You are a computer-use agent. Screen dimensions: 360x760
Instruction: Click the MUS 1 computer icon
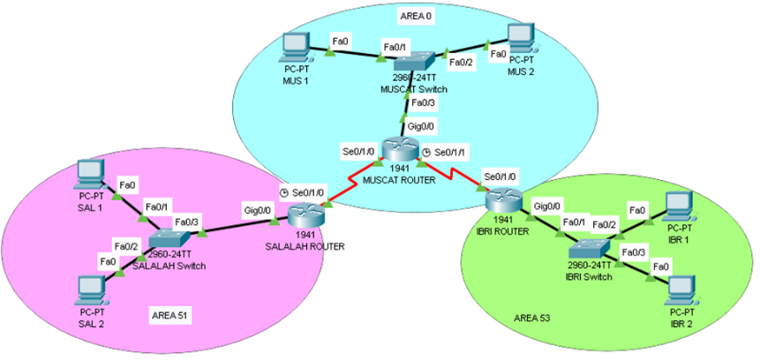pyautogui.click(x=295, y=47)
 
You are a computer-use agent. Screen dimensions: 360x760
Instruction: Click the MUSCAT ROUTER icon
pyautogui.click(x=399, y=149)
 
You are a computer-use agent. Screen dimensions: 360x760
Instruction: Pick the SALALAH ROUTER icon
pyautogui.click(x=305, y=214)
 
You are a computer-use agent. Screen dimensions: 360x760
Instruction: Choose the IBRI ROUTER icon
pyautogui.click(x=503, y=200)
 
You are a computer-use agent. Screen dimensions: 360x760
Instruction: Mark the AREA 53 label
pyautogui.click(x=532, y=318)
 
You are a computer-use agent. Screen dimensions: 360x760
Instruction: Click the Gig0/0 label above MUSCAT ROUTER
pyautogui.click(x=420, y=126)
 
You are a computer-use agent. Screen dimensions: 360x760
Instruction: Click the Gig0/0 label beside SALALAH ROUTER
pyautogui.click(x=257, y=211)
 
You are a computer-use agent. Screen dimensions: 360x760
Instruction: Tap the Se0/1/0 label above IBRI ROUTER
pyautogui.click(x=501, y=176)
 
